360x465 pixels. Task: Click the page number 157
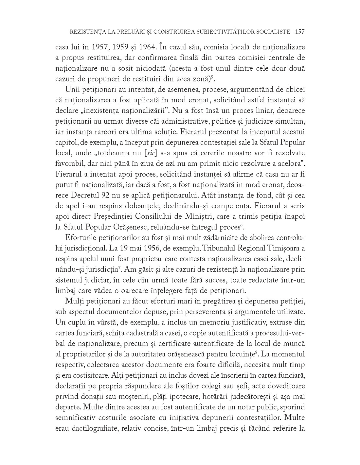click(300, 32)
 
